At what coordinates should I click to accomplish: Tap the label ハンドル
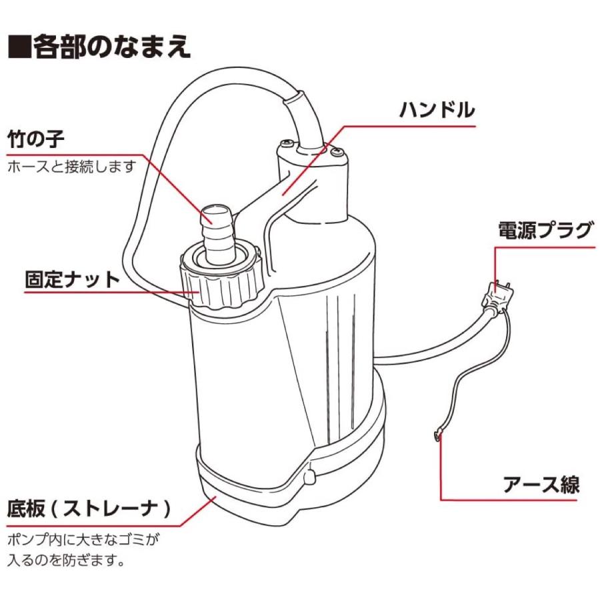[437, 109]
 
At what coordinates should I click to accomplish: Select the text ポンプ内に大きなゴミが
[84, 538]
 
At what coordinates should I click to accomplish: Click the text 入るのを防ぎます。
[67, 559]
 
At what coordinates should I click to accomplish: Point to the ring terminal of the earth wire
[437, 435]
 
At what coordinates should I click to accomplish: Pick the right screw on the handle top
[337, 153]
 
